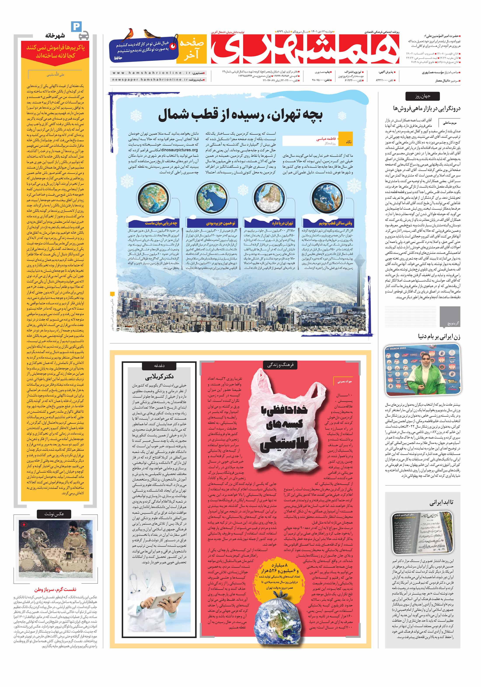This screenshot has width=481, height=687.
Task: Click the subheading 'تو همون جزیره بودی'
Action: pos(221,223)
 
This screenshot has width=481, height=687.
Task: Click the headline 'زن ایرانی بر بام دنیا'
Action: pos(439,336)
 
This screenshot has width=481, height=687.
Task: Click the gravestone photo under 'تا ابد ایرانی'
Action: pos(422,536)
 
